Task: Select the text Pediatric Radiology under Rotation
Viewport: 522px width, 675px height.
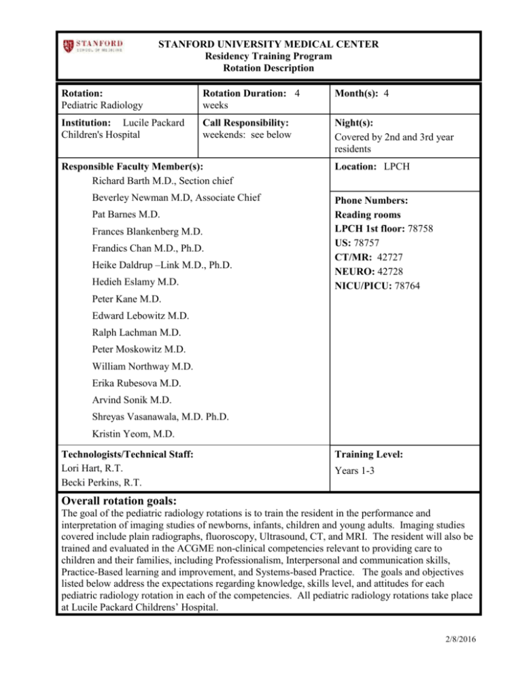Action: pos(102,106)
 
